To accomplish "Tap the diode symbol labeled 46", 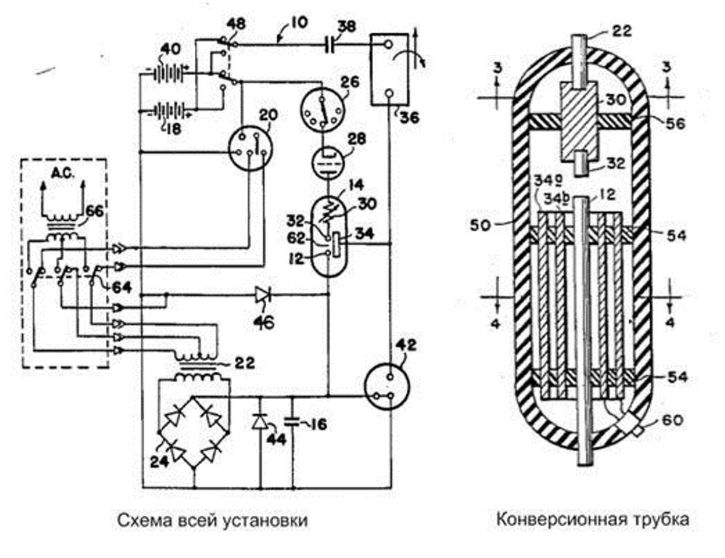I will click(x=263, y=294).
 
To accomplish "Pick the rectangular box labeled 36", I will click(x=390, y=69).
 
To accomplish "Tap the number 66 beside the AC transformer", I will click(x=94, y=211).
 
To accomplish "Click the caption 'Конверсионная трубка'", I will click(x=593, y=520).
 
